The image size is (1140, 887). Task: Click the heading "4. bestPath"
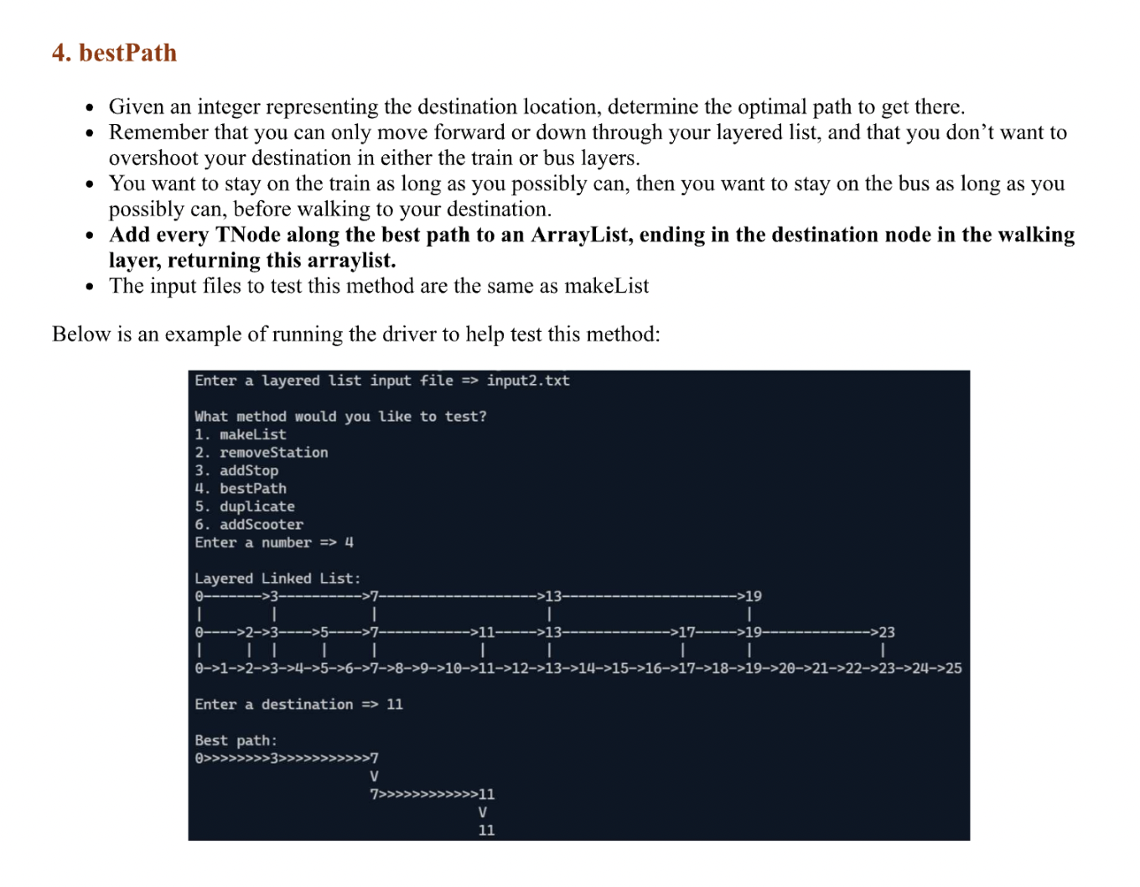coord(114,53)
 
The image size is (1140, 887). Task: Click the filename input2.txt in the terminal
coord(527,381)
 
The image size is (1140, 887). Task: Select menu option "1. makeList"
coord(241,434)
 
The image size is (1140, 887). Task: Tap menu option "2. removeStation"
coord(262,453)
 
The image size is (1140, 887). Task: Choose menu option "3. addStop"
coord(236,470)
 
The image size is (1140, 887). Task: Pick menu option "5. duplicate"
coord(245,506)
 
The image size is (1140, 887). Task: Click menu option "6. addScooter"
coord(249,525)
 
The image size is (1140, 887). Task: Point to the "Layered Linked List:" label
coord(277,578)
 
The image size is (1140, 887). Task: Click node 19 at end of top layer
coord(754,596)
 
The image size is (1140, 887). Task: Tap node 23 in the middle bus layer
coord(887,632)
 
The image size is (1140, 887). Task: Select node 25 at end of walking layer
coord(954,669)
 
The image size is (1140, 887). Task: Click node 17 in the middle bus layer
coord(687,632)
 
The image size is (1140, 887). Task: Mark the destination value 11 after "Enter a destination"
coord(395,705)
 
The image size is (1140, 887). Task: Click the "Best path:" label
coord(236,741)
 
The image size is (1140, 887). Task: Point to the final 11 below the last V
coord(486,831)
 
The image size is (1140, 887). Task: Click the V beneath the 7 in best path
coord(374,776)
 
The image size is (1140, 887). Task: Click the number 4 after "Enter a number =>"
coord(350,542)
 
